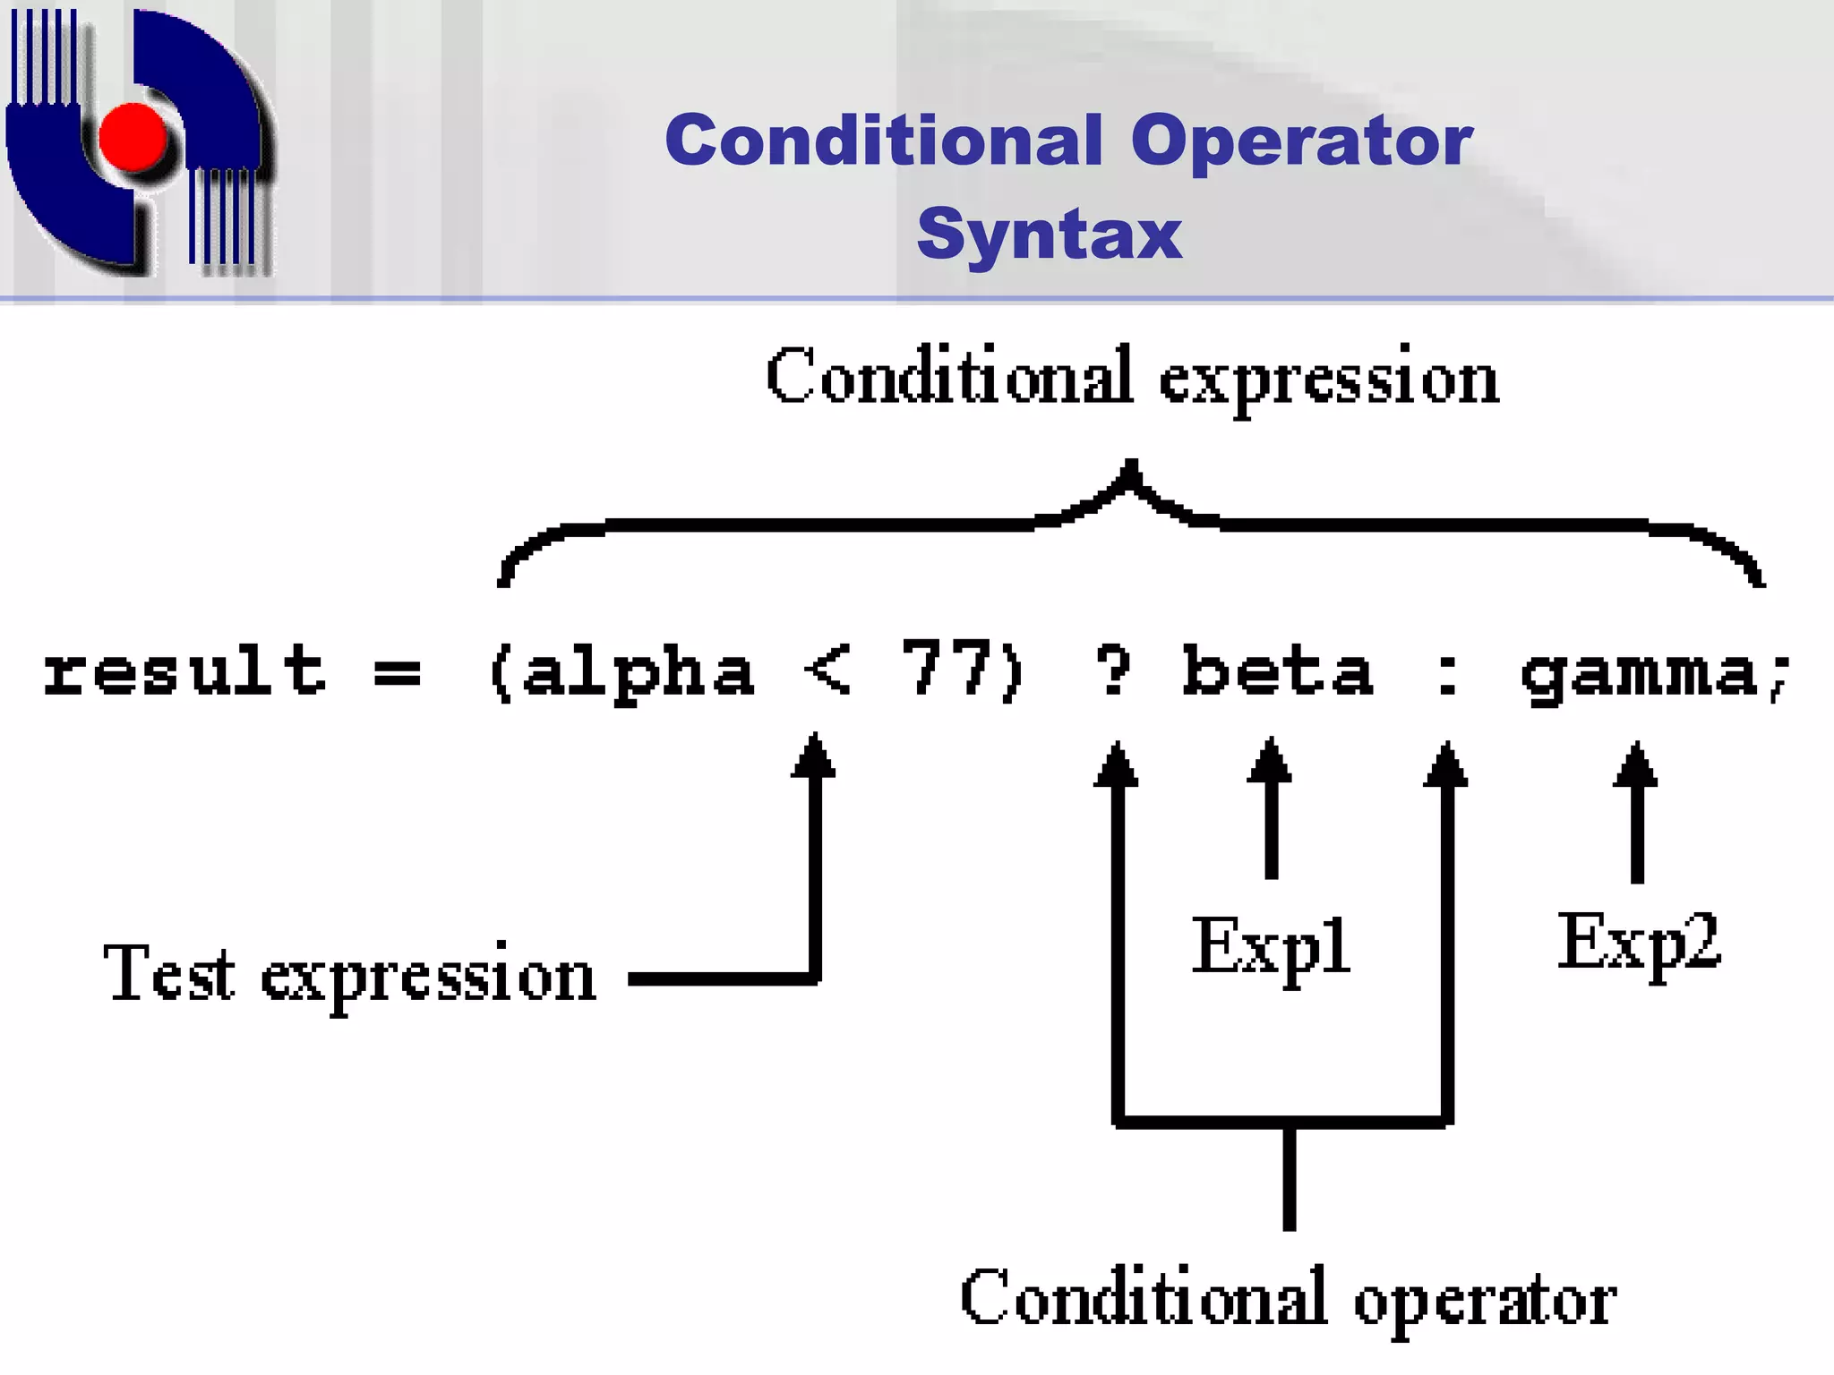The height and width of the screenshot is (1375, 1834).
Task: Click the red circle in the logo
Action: point(133,137)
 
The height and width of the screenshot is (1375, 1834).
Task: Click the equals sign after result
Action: point(397,671)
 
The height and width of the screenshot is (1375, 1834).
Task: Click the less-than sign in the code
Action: point(827,671)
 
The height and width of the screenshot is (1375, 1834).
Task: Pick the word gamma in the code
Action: point(1639,675)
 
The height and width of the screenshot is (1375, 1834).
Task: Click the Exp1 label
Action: point(1270,947)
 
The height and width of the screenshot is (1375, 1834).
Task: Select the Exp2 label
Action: point(1639,942)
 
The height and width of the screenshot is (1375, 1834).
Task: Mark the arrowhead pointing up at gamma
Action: point(1636,764)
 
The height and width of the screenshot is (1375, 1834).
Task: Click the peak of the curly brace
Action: point(1131,471)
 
